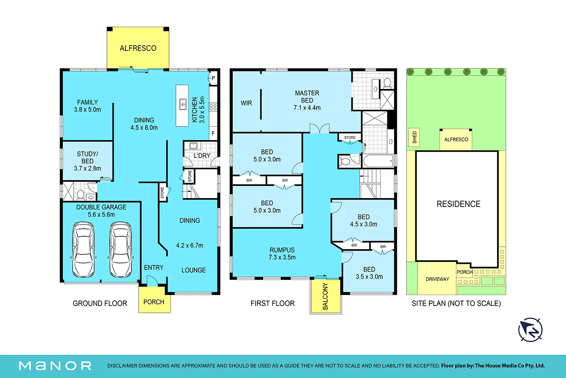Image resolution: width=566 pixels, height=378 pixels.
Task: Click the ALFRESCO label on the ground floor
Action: [x=138, y=48]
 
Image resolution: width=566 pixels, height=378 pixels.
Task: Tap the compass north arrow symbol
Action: [x=530, y=330]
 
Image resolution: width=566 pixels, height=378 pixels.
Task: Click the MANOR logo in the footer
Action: [x=55, y=366]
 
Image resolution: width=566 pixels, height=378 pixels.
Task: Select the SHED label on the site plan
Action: [x=415, y=137]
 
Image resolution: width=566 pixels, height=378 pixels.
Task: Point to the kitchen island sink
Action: [x=183, y=104]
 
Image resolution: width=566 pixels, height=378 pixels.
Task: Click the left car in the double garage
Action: [x=83, y=250]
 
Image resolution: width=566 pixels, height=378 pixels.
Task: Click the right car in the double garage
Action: [x=121, y=250]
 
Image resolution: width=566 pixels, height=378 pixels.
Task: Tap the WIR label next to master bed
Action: [x=246, y=103]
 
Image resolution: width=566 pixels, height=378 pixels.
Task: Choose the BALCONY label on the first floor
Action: [x=325, y=296]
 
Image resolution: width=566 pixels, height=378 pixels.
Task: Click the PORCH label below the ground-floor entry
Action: [x=154, y=302]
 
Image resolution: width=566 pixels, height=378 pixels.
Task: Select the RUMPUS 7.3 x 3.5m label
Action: [x=282, y=254]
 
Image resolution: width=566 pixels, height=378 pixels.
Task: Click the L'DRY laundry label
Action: [x=202, y=156]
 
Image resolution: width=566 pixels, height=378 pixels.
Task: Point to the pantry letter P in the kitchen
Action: [x=213, y=78]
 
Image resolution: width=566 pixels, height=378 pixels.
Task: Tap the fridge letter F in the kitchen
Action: [x=213, y=133]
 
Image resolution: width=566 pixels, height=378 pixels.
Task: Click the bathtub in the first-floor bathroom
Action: [x=378, y=161]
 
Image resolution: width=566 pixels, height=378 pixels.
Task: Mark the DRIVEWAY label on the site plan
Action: [x=437, y=279]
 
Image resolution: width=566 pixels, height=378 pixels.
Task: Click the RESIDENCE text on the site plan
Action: [x=459, y=204]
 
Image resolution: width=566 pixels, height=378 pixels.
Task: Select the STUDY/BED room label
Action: [x=87, y=161]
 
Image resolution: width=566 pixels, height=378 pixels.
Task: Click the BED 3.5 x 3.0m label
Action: [x=369, y=273]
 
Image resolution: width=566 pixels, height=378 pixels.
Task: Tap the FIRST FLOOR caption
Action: [x=273, y=303]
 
